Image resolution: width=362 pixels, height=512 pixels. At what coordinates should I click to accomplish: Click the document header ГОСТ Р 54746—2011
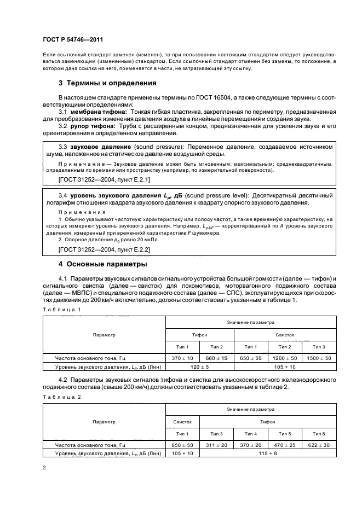[73, 39]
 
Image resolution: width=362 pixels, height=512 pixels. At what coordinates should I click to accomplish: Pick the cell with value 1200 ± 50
[285, 358]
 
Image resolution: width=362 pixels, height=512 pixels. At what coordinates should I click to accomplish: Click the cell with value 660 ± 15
[217, 358]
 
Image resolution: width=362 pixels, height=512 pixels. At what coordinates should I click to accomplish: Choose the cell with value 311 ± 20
[217, 446]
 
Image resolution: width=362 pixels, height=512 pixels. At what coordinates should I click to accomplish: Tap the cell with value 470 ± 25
[285, 446]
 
